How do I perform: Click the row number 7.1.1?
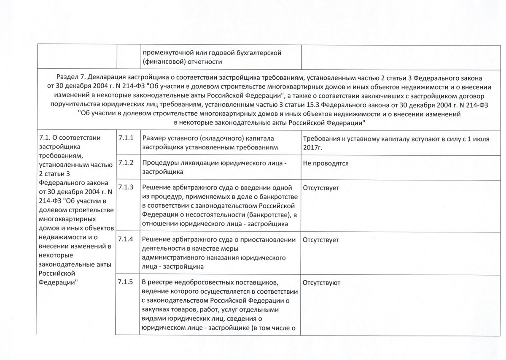126,138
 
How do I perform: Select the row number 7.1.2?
126,162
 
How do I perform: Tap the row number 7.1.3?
126,187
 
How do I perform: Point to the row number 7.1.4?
126,239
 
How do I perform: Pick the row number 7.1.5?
126,282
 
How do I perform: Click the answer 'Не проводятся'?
326,163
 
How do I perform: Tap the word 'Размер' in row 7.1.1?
153,138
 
